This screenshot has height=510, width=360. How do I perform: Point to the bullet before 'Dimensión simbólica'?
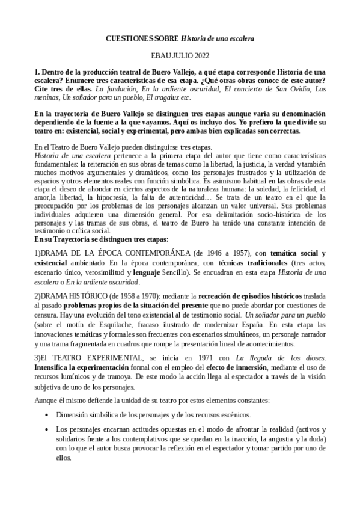pos(47,415)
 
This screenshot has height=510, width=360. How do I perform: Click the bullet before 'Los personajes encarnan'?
pos(47,429)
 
